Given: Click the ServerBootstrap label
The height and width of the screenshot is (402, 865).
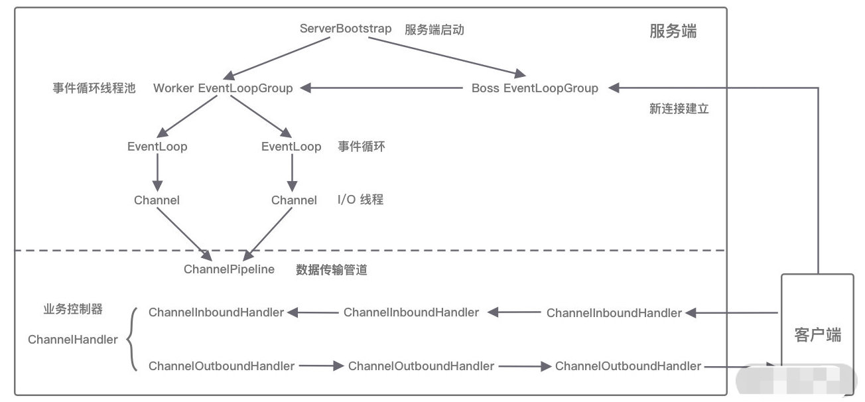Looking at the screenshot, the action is (346, 29).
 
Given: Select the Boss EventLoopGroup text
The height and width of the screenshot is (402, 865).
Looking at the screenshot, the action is (535, 88).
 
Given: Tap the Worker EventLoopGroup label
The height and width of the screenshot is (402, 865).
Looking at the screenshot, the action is (223, 88).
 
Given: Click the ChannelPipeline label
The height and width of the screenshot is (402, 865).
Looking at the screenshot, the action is (229, 269).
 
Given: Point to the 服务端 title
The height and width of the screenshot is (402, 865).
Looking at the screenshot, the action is (673, 31).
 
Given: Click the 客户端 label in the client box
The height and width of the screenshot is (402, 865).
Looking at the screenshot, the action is (817, 335).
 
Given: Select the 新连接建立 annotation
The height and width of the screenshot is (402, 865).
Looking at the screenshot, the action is (679, 109).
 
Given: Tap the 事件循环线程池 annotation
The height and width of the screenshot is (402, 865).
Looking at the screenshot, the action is (94, 88).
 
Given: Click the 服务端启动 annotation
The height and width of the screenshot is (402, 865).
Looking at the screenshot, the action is (434, 29).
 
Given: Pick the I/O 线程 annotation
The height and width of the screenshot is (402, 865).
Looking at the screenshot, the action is (360, 199).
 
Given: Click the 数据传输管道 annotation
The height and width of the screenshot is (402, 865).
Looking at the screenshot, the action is (332, 269).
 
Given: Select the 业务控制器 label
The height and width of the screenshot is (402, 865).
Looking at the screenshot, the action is (73, 309).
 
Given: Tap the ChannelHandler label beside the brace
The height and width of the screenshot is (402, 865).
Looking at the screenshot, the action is (72, 340).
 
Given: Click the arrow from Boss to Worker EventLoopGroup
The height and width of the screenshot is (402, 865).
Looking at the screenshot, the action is (381, 88).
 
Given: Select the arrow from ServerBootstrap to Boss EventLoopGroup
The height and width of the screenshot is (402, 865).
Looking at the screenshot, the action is (447, 56).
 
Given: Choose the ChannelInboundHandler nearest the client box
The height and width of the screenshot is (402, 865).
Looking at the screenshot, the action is (614, 313).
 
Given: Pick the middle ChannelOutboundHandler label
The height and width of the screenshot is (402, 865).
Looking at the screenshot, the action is (421, 366).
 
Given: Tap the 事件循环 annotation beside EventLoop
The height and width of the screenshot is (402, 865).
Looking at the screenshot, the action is (362, 147).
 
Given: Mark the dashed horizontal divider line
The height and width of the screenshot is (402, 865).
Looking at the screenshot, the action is (370, 250).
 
